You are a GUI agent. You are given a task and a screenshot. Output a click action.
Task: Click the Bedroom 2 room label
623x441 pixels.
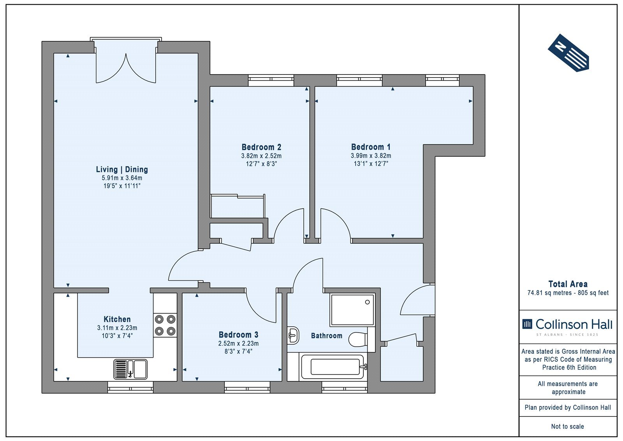[x=261, y=147]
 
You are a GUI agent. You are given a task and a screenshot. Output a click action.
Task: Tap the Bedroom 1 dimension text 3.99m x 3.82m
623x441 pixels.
[x=371, y=156]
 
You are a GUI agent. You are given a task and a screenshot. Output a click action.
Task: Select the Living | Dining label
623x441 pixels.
[x=122, y=169]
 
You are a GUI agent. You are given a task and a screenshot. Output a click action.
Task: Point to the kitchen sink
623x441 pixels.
[x=130, y=369]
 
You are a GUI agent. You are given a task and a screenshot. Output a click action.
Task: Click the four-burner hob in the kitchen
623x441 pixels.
[x=165, y=325]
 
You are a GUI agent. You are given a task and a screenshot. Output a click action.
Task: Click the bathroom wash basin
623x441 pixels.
[x=293, y=335]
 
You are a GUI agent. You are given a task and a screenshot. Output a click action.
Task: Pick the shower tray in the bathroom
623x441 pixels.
[x=352, y=310]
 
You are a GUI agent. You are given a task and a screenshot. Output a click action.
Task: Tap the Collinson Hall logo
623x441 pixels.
[x=567, y=326]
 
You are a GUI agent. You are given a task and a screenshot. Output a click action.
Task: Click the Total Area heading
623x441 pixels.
[x=568, y=284]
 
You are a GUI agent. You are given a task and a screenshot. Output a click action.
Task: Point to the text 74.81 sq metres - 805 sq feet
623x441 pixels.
[x=568, y=293]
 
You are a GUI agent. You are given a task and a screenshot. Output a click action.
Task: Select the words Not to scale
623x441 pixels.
[x=567, y=426]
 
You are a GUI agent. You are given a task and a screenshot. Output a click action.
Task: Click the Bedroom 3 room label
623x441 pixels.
[x=238, y=334]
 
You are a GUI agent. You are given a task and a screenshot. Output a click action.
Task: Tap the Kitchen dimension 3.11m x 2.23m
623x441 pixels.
[x=117, y=328]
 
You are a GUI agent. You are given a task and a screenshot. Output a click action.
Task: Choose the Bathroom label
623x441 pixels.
[x=327, y=335]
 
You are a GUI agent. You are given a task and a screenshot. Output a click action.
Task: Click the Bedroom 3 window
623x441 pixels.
[x=247, y=387]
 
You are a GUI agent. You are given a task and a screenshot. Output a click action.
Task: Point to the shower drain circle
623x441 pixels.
[x=367, y=302]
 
